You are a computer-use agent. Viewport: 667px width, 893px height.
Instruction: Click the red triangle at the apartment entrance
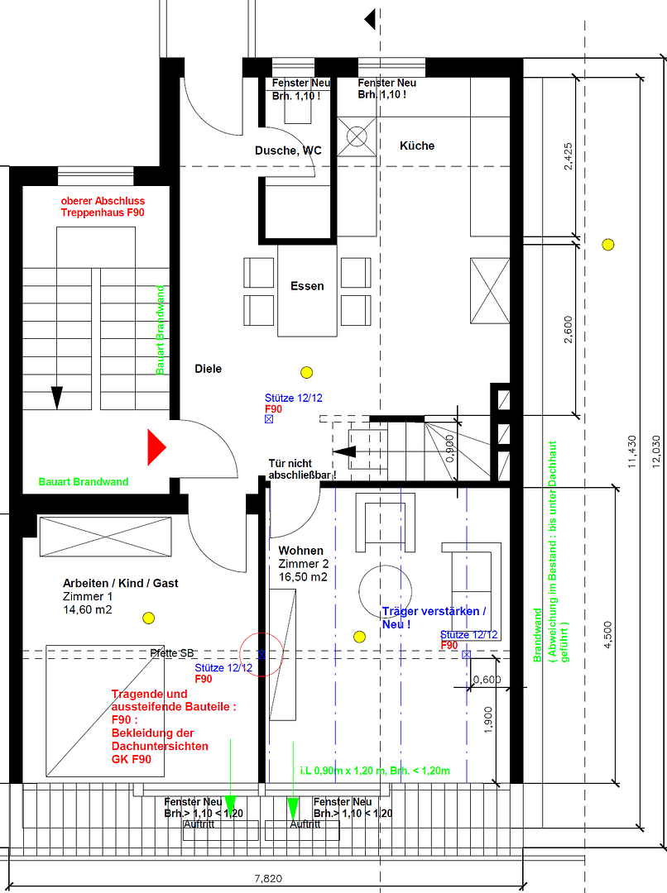tap(156, 447)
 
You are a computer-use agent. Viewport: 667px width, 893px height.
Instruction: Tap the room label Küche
tap(416, 146)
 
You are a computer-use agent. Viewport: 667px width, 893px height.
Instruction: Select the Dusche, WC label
tap(288, 150)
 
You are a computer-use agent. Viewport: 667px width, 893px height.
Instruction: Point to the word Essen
tap(307, 286)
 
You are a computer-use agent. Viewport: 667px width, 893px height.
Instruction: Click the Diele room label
tap(208, 369)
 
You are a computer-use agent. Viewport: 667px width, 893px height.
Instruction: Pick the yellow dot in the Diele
tap(307, 372)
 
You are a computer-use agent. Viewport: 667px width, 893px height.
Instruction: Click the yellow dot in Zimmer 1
tap(149, 617)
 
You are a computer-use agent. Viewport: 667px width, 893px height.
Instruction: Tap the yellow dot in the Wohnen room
tap(359, 636)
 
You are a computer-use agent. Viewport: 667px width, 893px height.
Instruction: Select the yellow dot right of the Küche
tap(608, 244)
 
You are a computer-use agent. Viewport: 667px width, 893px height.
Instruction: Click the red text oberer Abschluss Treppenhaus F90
tap(103, 207)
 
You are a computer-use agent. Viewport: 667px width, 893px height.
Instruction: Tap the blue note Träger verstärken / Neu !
tap(434, 618)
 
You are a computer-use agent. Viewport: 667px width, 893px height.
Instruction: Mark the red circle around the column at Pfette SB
tap(262, 655)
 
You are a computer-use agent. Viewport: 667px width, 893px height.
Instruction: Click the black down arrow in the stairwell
tap(57, 397)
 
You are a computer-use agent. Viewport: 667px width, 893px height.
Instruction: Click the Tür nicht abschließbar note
tap(302, 469)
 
